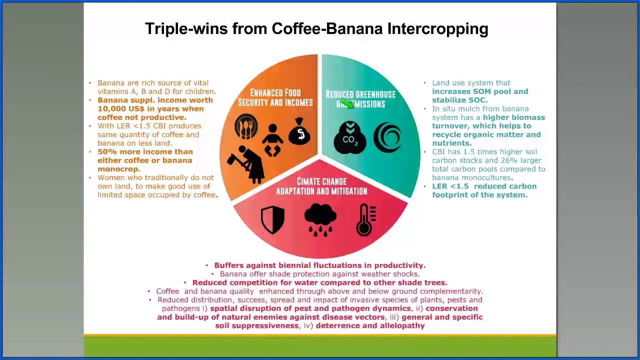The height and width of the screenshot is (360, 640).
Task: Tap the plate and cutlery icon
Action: [x=246, y=127]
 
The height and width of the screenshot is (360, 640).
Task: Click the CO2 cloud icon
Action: [x=350, y=136]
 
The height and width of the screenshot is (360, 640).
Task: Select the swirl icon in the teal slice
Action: [x=387, y=136]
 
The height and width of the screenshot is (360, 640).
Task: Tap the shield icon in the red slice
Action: [x=272, y=219]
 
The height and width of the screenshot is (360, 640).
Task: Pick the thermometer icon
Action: [x=366, y=219]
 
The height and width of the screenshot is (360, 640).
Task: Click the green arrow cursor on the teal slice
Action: [x=345, y=103]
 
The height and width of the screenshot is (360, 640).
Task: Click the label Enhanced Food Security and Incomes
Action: [x=275, y=98]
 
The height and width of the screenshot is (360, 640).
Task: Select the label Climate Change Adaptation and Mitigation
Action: [x=321, y=186]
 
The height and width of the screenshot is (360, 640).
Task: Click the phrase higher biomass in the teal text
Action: [x=513, y=117]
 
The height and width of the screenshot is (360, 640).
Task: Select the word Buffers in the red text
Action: [x=228, y=265]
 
